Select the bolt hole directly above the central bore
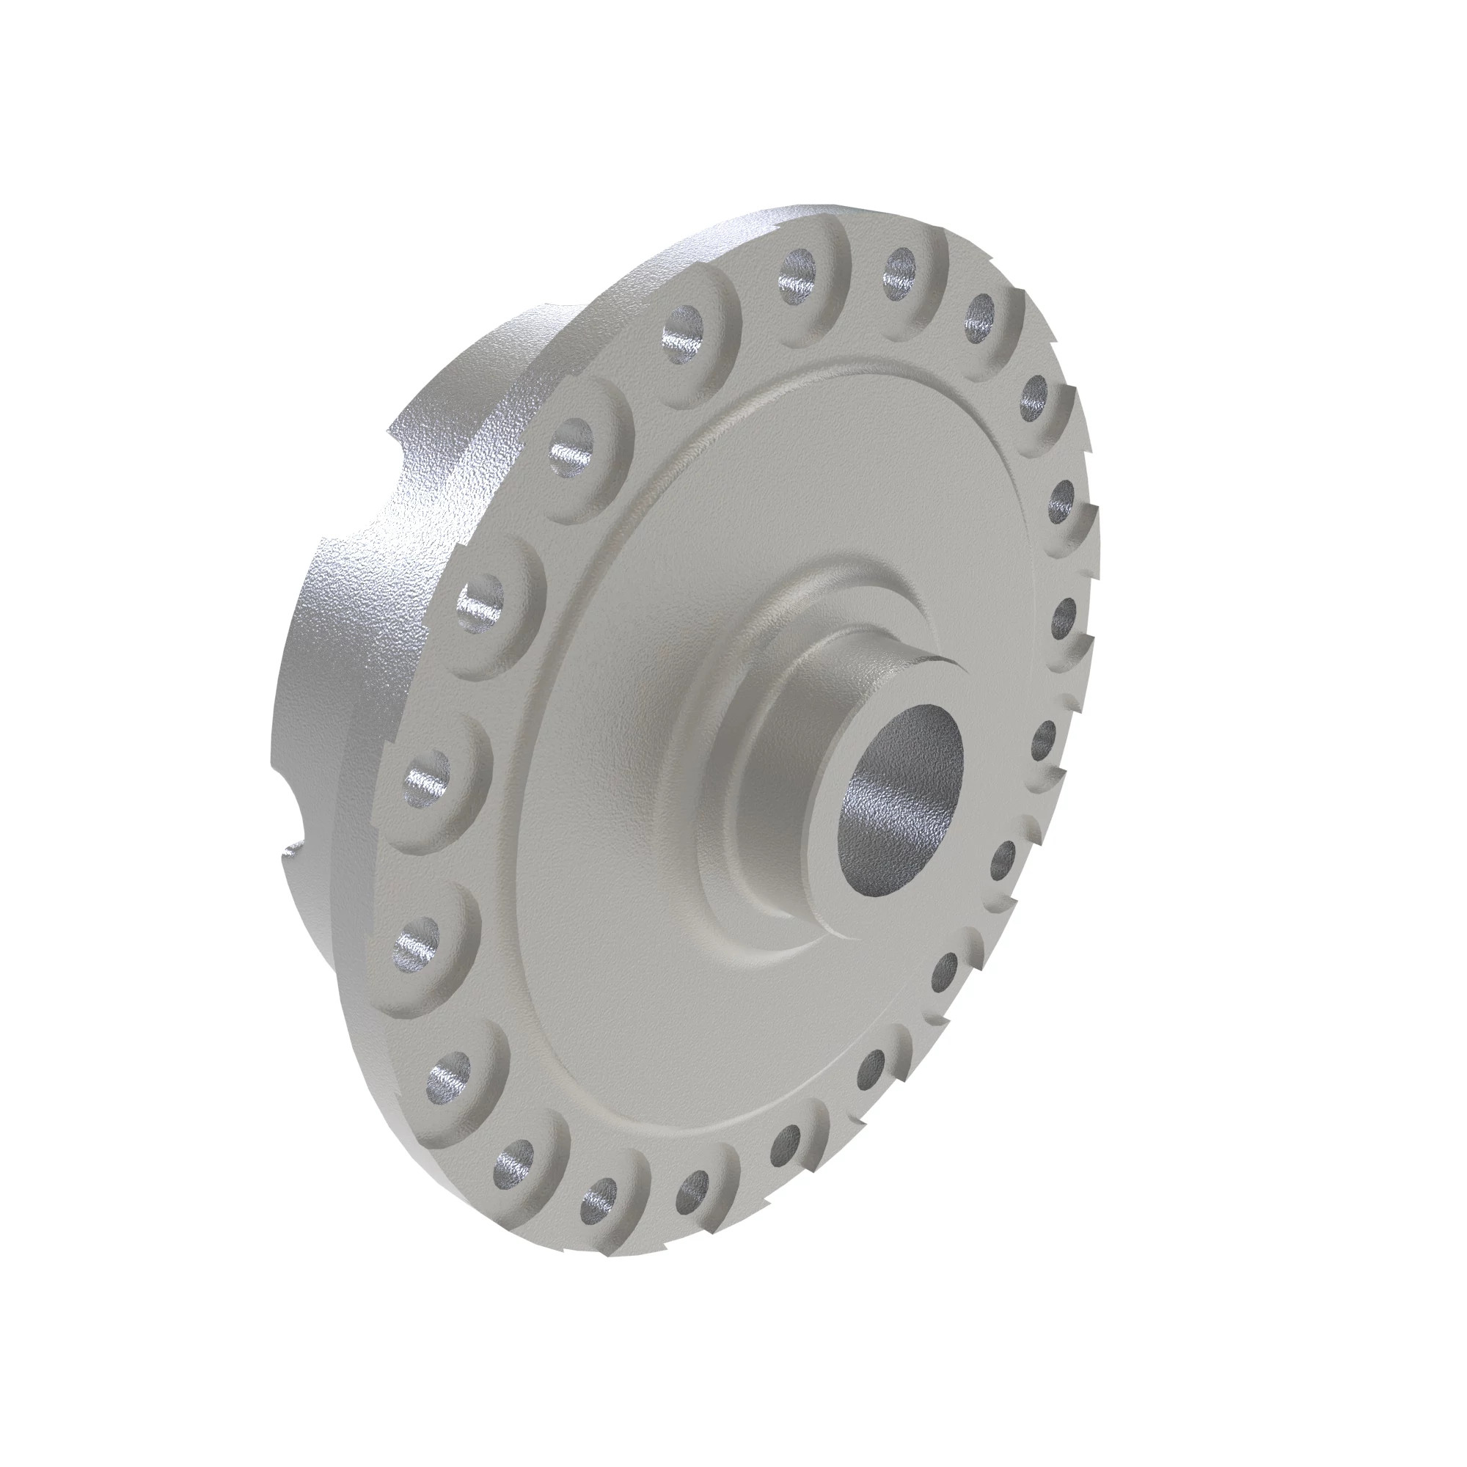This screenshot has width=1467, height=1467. tap(900, 269)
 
